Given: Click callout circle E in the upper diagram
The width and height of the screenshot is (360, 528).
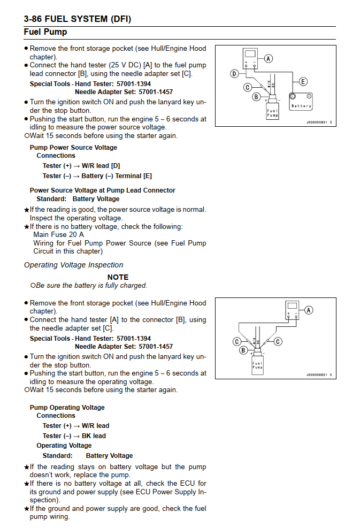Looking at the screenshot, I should tap(303, 81).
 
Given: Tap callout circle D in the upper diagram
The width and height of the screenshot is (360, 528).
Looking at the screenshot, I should tap(234, 74).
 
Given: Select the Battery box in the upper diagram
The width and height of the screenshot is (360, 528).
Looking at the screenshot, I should tap(301, 102).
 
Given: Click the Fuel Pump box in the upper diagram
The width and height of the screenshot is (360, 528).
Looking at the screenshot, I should tap(272, 111).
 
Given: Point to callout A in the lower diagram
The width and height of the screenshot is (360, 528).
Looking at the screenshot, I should tap(308, 310).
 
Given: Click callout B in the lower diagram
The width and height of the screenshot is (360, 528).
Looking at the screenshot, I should tap(243, 350).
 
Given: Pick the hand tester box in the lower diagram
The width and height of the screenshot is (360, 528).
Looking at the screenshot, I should tap(292, 311).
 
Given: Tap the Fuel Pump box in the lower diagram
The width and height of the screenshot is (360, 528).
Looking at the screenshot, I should tap(258, 366).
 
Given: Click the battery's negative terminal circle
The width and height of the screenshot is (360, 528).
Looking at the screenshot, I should tap(293, 97).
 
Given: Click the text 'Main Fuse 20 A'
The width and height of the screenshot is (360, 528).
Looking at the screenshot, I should tap(58, 234).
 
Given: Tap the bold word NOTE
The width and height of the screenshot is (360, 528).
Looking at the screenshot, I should tap(118, 277).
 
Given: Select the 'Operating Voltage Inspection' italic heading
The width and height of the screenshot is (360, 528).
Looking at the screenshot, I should tap(73, 265).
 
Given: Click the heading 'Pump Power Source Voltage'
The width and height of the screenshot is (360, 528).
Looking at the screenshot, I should tap(73, 148).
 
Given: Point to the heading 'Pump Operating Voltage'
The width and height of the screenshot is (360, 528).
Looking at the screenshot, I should tap(67, 408).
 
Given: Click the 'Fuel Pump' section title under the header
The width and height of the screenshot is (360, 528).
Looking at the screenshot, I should tap(45, 32).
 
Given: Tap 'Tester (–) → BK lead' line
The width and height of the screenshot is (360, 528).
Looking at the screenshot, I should tap(74, 436).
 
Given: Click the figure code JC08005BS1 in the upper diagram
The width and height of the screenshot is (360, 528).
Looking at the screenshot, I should tap(317, 123).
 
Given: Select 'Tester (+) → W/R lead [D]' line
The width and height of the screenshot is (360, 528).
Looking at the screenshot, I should tap(81, 166).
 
